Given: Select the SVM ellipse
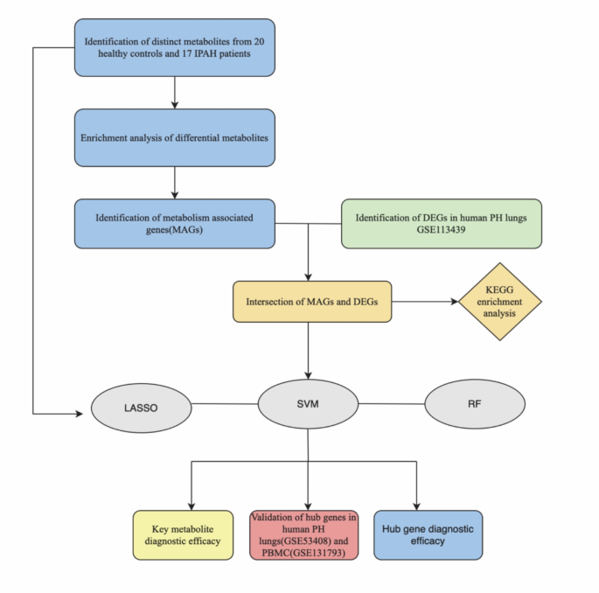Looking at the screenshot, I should click(x=308, y=405).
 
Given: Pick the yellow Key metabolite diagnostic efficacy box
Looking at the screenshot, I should click(x=183, y=535).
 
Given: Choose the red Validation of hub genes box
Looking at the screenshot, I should click(x=303, y=535).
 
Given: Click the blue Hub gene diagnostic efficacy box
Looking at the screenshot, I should click(x=428, y=535).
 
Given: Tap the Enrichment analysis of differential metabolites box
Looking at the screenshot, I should click(x=175, y=137).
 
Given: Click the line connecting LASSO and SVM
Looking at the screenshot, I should click(x=224, y=405).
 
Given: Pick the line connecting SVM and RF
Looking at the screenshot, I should click(x=391, y=404).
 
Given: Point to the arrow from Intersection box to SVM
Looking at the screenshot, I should click(x=309, y=350).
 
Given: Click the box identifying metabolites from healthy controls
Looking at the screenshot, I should click(x=175, y=46).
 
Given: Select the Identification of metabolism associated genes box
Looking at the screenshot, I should click(x=175, y=223).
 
